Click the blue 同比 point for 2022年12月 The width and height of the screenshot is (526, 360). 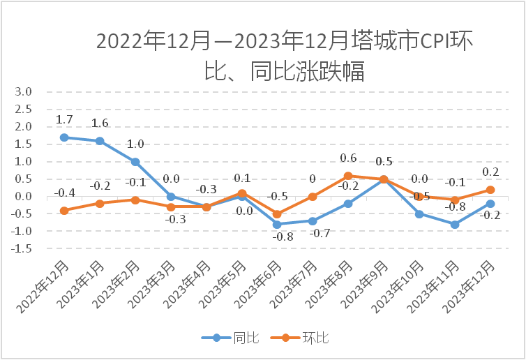[64, 137]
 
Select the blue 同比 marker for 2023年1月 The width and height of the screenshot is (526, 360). [100, 141]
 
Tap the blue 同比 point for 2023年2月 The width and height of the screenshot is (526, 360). [135, 162]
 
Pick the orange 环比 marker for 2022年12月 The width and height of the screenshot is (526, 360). [64, 211]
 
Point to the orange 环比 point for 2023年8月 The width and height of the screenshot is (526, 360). [348, 176]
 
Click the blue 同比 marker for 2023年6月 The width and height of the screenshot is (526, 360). [277, 225]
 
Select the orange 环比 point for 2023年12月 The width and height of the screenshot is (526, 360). [490, 190]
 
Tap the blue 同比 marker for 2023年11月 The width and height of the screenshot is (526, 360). [455, 225]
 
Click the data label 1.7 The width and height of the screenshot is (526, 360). [64, 120]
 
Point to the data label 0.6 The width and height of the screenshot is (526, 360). [348, 158]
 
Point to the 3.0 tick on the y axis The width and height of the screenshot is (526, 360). [24, 92]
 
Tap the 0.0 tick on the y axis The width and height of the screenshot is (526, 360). [24, 197]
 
